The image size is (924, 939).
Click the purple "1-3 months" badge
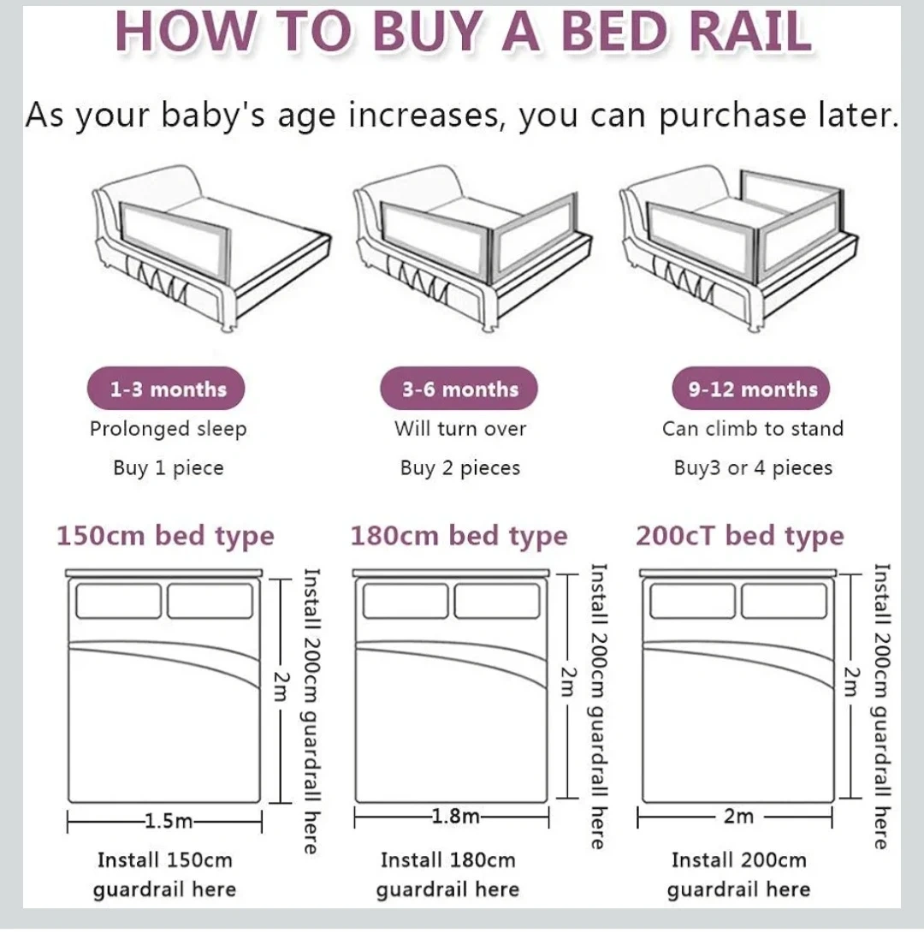166,389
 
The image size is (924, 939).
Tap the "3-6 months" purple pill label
459,389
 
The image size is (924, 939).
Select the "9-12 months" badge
751,389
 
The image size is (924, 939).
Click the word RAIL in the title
751,30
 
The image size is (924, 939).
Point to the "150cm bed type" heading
165,536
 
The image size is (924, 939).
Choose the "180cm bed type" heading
459,536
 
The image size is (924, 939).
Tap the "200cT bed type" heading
740,536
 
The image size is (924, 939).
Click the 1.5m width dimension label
169,820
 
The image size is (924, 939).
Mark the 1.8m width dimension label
455,816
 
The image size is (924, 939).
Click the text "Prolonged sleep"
169,430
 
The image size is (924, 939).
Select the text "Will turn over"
460,429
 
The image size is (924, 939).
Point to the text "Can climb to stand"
753,429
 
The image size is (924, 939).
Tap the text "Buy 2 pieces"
460,467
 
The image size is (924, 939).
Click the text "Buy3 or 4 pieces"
753,467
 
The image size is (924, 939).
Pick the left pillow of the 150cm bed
118,601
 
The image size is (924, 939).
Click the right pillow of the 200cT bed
784,601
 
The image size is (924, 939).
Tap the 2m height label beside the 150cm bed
281,686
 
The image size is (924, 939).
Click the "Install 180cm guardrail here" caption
447,875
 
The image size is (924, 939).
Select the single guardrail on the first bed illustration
175,241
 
